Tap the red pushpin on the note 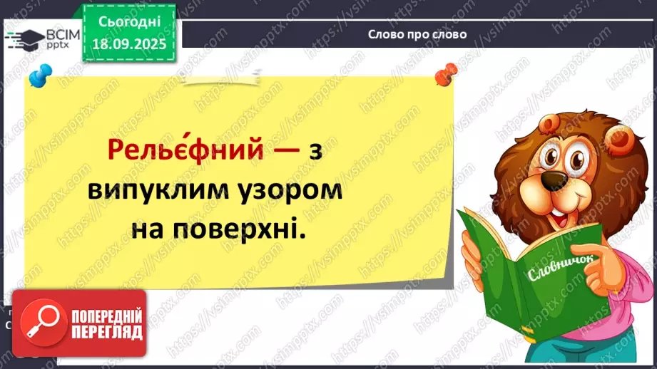pos(448,72)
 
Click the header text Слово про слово pos(418,34)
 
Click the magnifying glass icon pos(41,319)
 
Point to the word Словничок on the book pos(547,271)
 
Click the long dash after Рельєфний pos(286,150)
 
